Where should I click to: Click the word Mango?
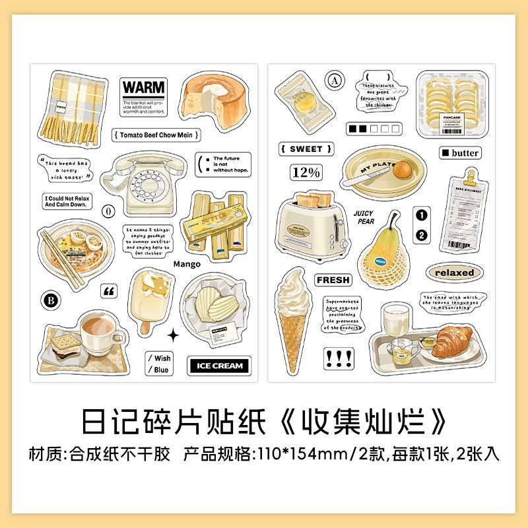pyautogui.click(x=186, y=264)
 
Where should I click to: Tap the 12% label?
pyautogui.click(x=305, y=173)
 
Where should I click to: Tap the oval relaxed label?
pyautogui.click(x=455, y=272)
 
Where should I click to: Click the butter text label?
pyautogui.click(x=461, y=152)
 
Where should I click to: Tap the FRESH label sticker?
pyautogui.click(x=333, y=280)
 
